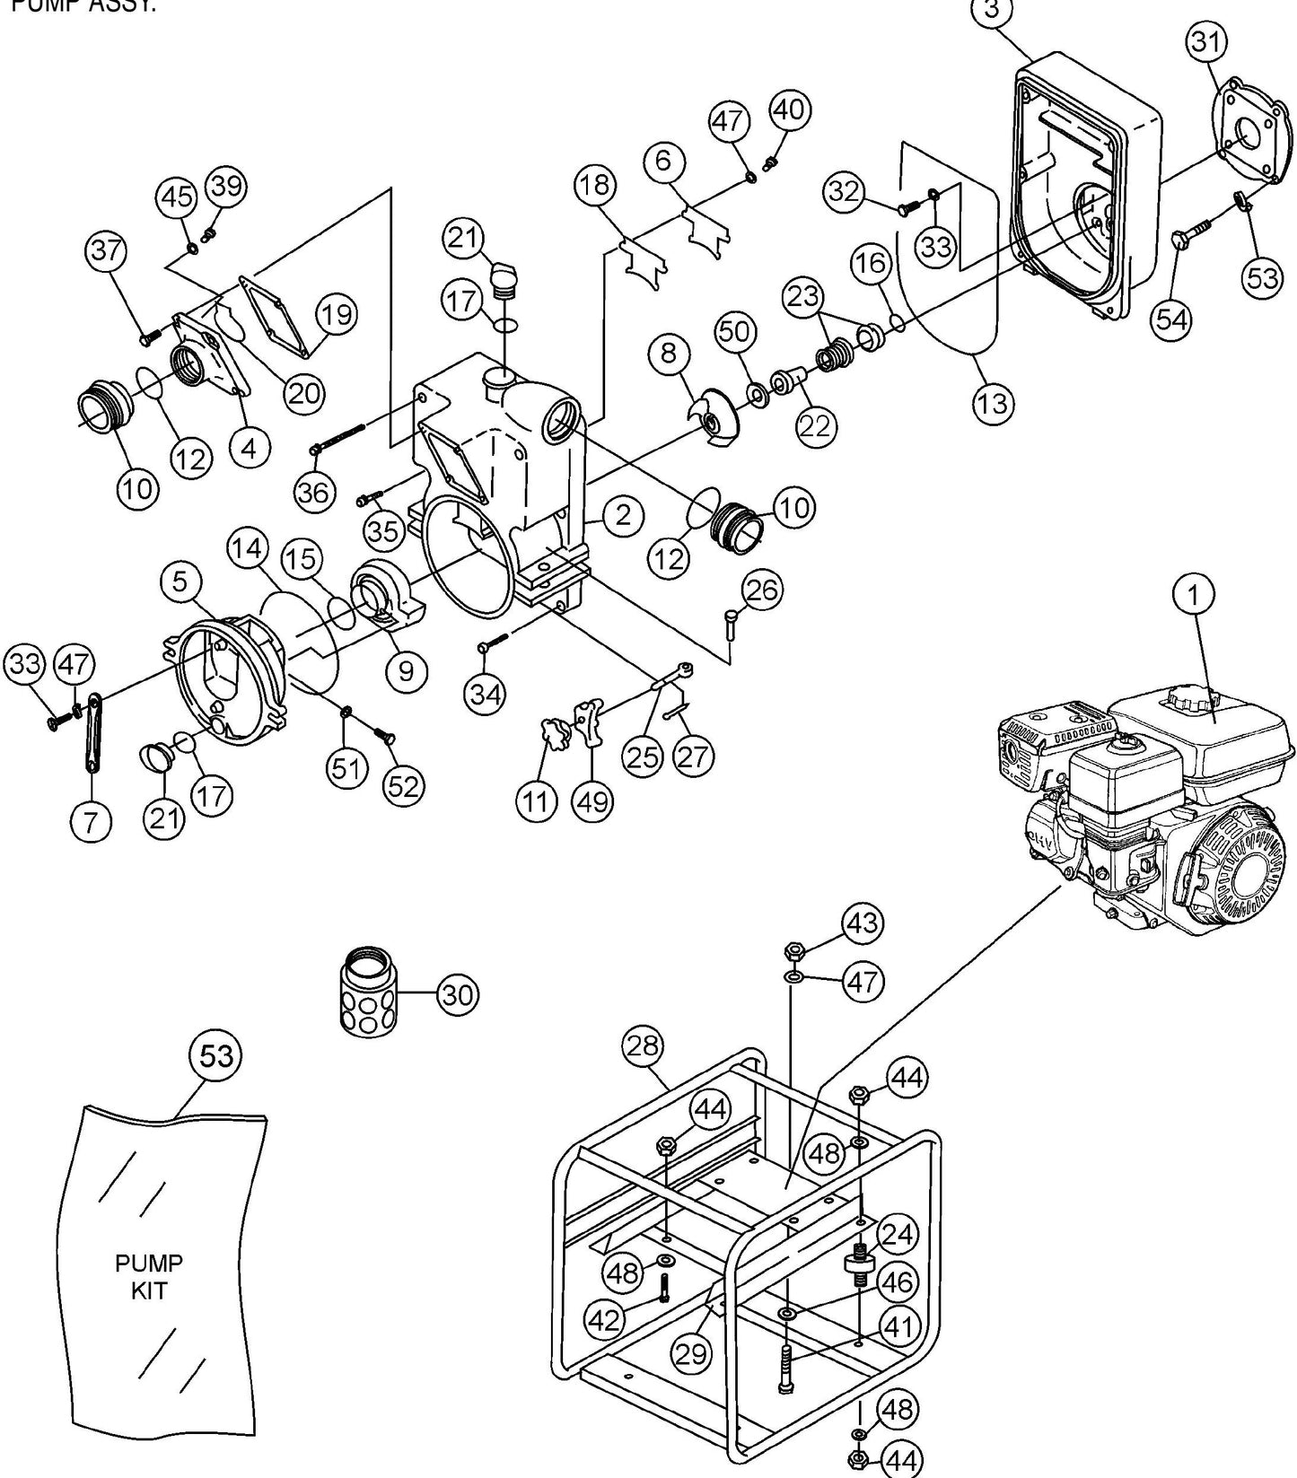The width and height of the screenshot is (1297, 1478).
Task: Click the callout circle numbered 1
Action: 1195,593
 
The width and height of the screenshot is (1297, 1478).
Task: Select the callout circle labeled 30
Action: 458,994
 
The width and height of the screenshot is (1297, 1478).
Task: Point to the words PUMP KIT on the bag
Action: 149,1277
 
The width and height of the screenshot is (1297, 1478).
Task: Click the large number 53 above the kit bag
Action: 216,1056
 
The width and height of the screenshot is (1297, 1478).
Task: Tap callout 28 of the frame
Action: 644,1046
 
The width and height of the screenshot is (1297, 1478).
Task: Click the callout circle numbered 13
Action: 993,403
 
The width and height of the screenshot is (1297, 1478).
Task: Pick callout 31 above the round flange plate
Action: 1206,41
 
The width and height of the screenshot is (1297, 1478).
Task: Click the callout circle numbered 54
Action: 1171,319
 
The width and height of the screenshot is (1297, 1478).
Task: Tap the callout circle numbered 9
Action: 406,669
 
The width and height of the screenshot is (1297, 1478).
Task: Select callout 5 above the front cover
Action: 180,582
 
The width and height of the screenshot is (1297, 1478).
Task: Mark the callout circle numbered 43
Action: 863,923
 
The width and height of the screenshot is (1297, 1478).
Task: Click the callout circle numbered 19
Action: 337,314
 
